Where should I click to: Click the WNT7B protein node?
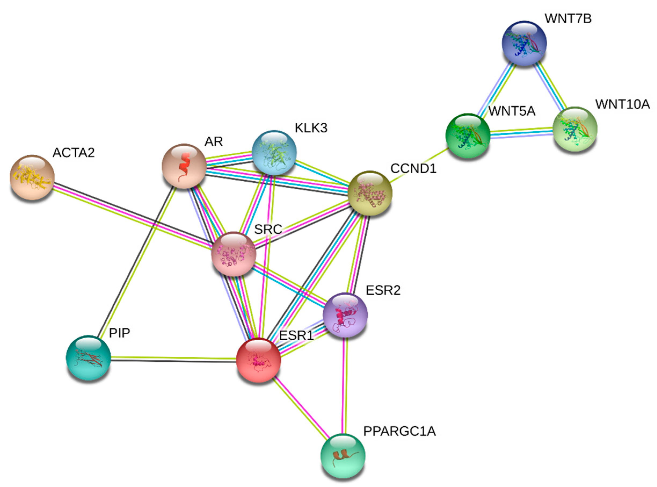tap(524, 43)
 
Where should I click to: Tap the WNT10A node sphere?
tap(575, 129)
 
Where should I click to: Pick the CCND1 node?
tap(370, 193)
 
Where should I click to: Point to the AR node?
tap(184, 166)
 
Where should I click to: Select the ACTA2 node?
tap(32, 177)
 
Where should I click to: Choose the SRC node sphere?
tap(234, 254)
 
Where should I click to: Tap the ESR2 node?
tap(345, 315)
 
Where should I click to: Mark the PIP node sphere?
tap(88, 358)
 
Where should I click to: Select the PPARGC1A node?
tap(343, 455)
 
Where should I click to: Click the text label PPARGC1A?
tap(399, 431)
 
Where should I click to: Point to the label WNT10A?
tap(622, 104)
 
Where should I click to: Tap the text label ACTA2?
tap(74, 153)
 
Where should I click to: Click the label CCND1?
tap(413, 169)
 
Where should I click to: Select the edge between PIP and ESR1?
tap(173, 359)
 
